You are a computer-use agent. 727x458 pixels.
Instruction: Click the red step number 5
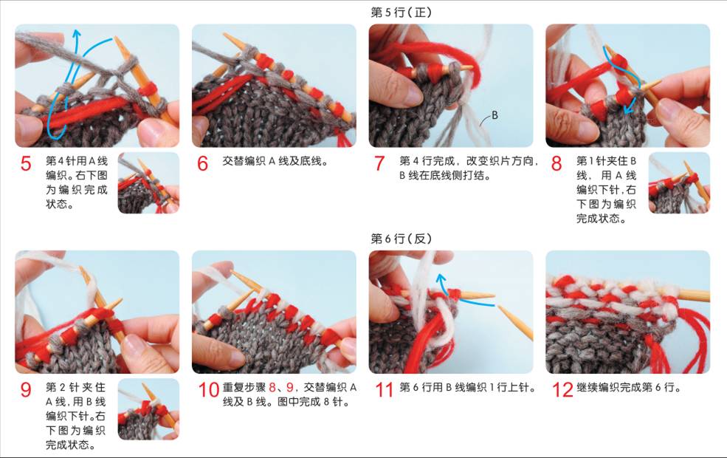click(x=26, y=164)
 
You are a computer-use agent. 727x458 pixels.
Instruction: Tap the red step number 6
click(x=203, y=164)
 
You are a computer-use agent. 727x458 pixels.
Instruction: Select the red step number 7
click(x=379, y=164)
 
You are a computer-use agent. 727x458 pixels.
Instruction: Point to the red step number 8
click(x=557, y=164)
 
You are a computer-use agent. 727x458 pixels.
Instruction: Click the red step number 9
click(x=26, y=390)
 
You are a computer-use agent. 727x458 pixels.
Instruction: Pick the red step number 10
click(x=209, y=390)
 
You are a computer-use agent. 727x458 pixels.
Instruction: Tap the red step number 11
click(x=385, y=390)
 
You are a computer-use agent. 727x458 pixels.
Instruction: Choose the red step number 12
click(x=563, y=390)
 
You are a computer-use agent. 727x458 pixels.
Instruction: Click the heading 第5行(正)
click(x=401, y=13)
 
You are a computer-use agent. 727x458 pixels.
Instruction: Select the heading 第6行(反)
click(x=401, y=239)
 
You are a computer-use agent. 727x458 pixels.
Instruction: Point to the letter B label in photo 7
click(x=495, y=115)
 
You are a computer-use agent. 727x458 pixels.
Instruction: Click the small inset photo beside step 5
click(x=148, y=182)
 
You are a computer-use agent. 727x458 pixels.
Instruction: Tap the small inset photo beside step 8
click(x=679, y=182)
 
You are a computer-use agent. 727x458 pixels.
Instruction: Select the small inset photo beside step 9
click(x=148, y=409)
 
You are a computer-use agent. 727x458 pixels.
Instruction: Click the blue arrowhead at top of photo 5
click(x=77, y=33)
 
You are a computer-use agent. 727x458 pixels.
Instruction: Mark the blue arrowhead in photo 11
click(x=441, y=279)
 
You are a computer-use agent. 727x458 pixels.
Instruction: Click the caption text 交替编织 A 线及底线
click(x=276, y=162)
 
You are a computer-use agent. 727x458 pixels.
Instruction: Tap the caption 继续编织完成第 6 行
click(x=629, y=388)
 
